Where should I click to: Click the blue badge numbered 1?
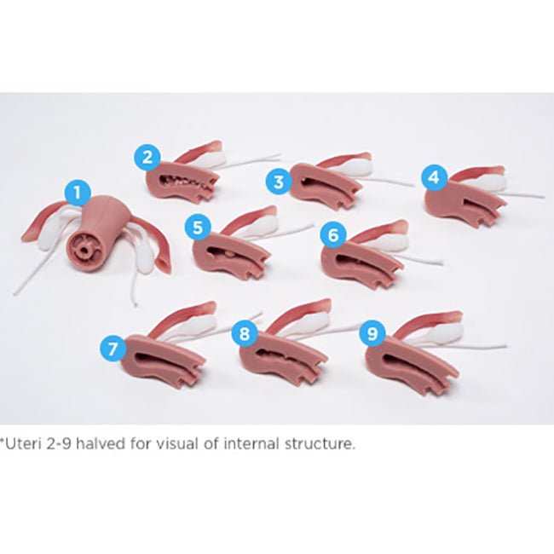(x=78, y=193)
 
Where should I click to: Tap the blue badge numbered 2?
(x=147, y=157)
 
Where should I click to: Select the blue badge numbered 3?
(x=279, y=182)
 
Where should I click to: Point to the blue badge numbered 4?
(x=435, y=178)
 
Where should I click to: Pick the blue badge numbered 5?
(x=198, y=228)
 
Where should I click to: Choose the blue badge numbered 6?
(x=333, y=235)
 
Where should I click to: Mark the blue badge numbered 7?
(x=113, y=349)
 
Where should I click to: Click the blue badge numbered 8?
(x=245, y=333)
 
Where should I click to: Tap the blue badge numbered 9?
(x=372, y=333)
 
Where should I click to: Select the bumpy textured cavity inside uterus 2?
(x=187, y=181)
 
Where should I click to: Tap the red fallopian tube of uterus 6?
(x=378, y=233)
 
